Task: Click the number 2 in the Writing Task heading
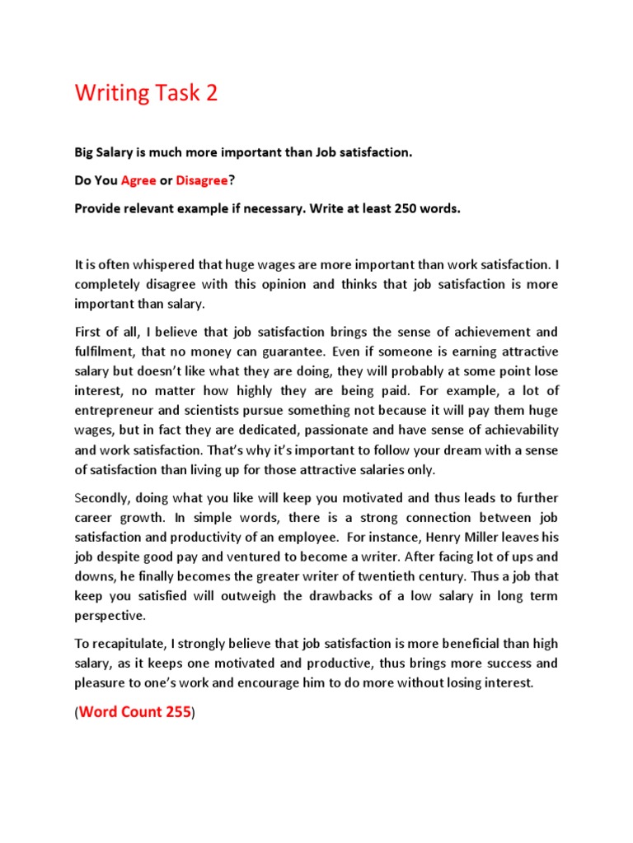212,94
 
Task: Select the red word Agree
138,181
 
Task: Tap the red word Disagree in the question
200,181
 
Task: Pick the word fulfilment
106,352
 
